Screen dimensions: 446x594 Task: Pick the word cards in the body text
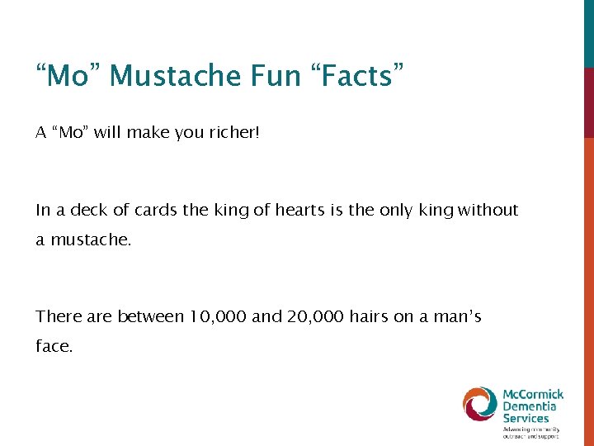(x=157, y=210)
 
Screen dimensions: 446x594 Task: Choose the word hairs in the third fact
(x=369, y=316)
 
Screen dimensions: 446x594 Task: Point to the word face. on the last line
(x=54, y=347)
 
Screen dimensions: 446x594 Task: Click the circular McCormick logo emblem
(x=479, y=404)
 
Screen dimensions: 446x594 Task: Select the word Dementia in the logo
(x=530, y=406)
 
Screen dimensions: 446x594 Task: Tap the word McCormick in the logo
(x=533, y=394)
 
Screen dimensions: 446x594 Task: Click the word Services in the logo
(x=526, y=418)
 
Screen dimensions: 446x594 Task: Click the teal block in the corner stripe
(x=588, y=33)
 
